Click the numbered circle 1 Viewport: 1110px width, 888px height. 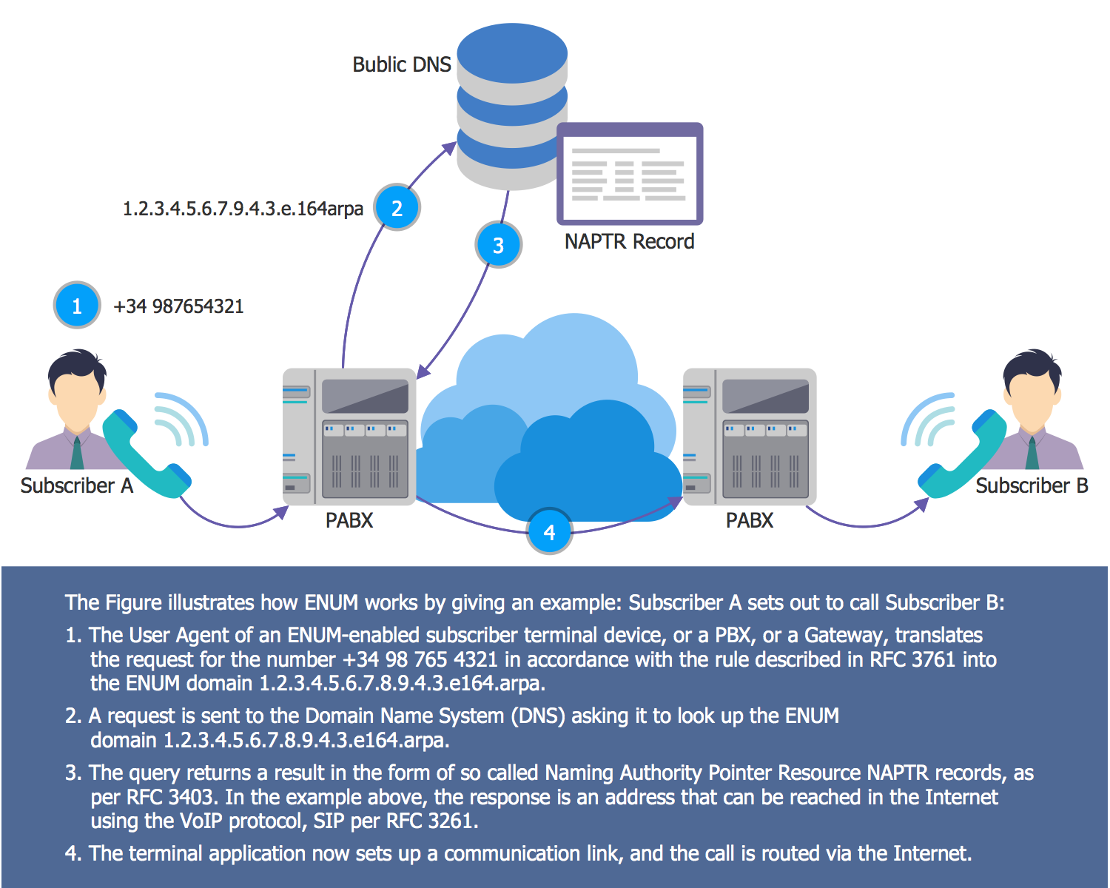(x=77, y=305)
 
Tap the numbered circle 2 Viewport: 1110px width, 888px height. (x=397, y=208)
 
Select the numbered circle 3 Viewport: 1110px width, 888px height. (x=498, y=245)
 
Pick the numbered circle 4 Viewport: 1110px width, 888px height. (x=549, y=531)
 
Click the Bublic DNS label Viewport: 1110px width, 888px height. (x=401, y=65)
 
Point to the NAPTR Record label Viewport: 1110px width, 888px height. (x=629, y=242)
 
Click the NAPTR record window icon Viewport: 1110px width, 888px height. (x=630, y=174)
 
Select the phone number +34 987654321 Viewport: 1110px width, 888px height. (x=178, y=306)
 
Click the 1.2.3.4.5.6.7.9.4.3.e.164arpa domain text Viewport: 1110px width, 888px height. (x=243, y=209)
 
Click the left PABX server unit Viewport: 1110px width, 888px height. (x=349, y=437)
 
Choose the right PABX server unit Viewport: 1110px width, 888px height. (x=750, y=437)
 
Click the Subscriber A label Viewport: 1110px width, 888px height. (x=76, y=486)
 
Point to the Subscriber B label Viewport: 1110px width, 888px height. (x=1032, y=486)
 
